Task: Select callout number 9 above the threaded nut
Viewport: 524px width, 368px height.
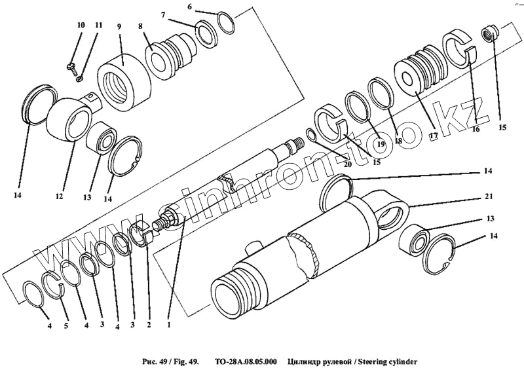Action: tap(119, 27)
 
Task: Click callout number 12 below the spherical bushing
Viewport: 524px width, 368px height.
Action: tap(58, 196)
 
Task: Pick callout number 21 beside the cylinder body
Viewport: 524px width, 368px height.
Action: tap(489, 196)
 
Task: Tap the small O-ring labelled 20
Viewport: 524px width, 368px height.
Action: tap(311, 136)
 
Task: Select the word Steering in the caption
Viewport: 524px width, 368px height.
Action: tap(370, 361)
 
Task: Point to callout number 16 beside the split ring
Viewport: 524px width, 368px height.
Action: tap(475, 129)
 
